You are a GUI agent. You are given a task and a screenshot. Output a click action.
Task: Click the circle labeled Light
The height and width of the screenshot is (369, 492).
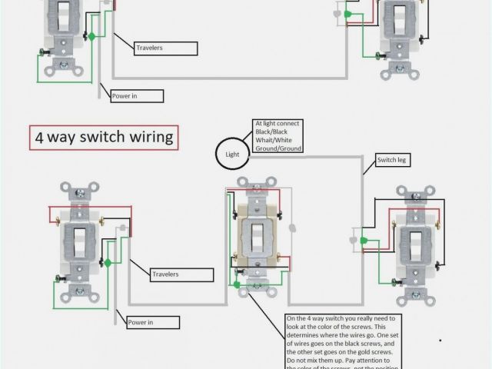(231, 154)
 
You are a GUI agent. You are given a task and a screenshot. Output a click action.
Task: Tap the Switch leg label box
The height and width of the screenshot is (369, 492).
(392, 160)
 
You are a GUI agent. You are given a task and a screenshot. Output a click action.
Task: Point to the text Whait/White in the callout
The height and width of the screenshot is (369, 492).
(276, 140)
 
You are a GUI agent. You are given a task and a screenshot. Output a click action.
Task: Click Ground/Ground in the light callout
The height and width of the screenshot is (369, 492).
(278, 148)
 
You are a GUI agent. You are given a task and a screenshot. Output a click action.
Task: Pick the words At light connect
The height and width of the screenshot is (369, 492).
(278, 124)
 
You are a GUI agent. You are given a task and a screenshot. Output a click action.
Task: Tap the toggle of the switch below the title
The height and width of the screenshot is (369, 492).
(78, 241)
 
